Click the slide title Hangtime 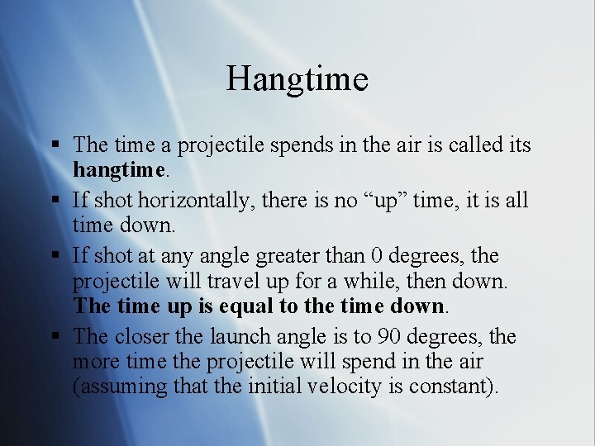pos(297,79)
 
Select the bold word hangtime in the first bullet pos(118,170)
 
